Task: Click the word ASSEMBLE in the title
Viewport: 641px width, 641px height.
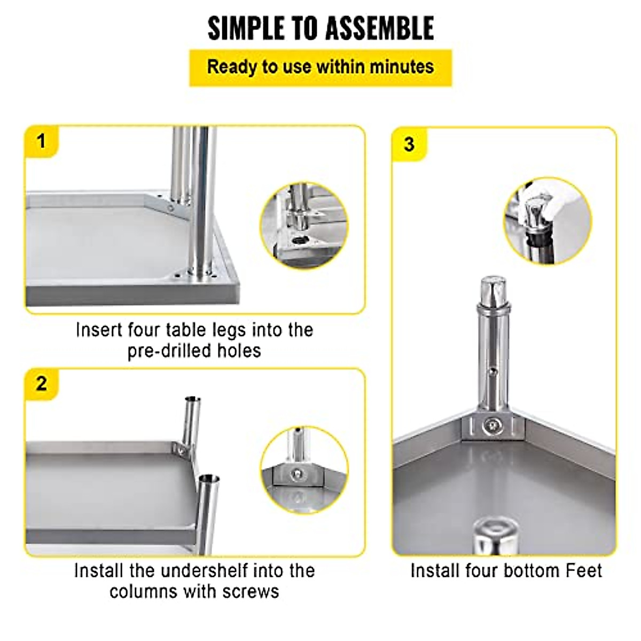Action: click(x=380, y=28)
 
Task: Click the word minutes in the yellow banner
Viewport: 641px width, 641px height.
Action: click(x=402, y=67)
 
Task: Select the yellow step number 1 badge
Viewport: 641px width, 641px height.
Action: click(x=41, y=142)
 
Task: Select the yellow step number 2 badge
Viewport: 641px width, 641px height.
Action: click(x=41, y=384)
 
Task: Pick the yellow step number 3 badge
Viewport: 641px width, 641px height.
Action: click(x=409, y=144)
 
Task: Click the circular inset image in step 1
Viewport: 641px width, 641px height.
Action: click(x=303, y=225)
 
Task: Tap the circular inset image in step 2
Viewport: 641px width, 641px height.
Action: click(x=304, y=470)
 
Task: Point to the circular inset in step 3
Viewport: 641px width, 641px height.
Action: click(x=548, y=221)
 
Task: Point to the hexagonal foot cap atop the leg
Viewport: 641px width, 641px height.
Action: click(x=493, y=289)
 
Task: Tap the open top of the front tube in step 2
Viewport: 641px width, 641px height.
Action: click(x=208, y=478)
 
